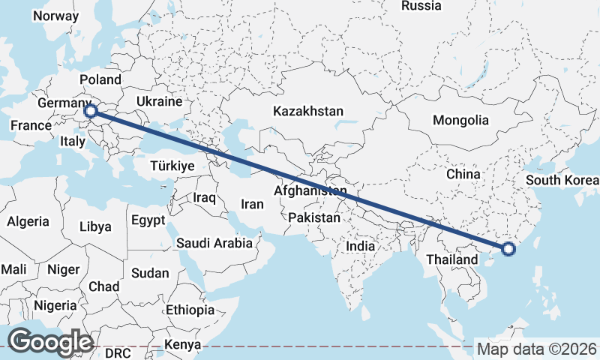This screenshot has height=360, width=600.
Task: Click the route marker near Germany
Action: [90, 111]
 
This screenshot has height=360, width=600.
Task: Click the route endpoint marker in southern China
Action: [508, 249]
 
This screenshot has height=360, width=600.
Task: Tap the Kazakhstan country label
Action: [308, 111]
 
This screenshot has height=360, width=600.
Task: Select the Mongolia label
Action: [460, 120]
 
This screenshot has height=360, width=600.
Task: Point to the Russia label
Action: [421, 6]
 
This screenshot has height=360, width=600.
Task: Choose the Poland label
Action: [100, 79]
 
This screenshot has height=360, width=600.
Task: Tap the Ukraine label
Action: [160, 101]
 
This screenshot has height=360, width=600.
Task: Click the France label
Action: [30, 126]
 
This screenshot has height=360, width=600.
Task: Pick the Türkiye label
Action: [172, 166]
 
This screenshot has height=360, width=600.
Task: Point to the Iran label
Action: [252, 204]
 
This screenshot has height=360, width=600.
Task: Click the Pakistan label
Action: [315, 219]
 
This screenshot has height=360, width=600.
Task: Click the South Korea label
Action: [562, 180]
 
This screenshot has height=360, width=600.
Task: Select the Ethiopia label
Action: [190, 310]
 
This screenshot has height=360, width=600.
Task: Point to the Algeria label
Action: [28, 221]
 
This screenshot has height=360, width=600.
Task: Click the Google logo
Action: [49, 342]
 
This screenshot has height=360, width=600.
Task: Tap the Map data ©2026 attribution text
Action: [537, 349]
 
